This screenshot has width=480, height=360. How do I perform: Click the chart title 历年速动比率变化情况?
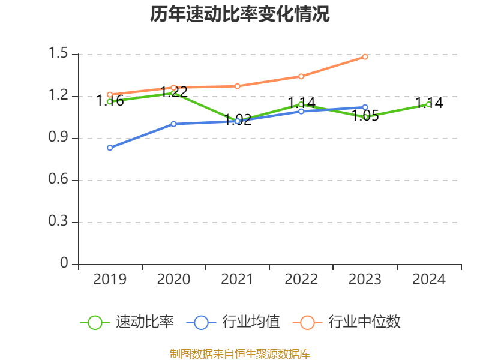point(240,14)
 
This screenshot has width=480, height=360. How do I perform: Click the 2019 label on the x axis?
point(110,279)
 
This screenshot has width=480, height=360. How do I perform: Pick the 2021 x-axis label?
point(238,279)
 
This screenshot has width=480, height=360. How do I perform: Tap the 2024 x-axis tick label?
point(429,279)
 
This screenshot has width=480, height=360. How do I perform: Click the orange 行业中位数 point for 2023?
point(365,56)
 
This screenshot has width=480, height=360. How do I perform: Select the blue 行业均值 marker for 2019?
point(110,148)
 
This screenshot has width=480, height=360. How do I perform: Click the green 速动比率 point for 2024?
point(429,104)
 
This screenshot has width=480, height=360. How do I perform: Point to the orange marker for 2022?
point(301,76)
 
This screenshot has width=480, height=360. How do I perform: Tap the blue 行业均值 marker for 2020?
point(173,124)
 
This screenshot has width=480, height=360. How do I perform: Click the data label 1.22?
point(174,92)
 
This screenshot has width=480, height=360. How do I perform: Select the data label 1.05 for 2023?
point(365,116)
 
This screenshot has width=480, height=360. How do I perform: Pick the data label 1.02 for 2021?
point(238,118)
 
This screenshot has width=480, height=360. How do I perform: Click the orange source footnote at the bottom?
point(240,353)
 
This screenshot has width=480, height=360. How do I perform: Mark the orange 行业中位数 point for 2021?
point(238,86)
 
